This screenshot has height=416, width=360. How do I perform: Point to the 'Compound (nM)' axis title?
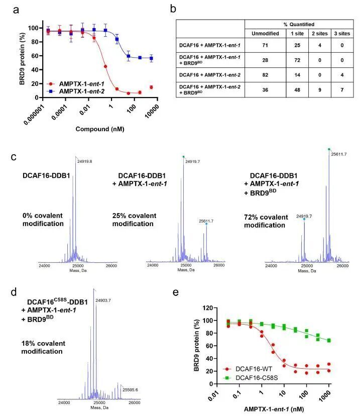[99, 129]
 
